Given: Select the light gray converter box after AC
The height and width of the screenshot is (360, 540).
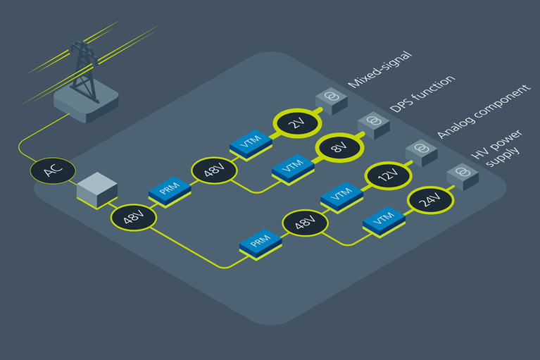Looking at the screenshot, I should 96,189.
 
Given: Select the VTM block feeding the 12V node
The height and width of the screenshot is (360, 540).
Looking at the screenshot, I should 341,197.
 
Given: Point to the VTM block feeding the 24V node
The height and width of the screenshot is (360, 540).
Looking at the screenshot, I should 383,222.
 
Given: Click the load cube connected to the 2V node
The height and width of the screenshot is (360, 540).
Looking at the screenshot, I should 330,101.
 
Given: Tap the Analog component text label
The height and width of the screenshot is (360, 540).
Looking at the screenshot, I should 482,113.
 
